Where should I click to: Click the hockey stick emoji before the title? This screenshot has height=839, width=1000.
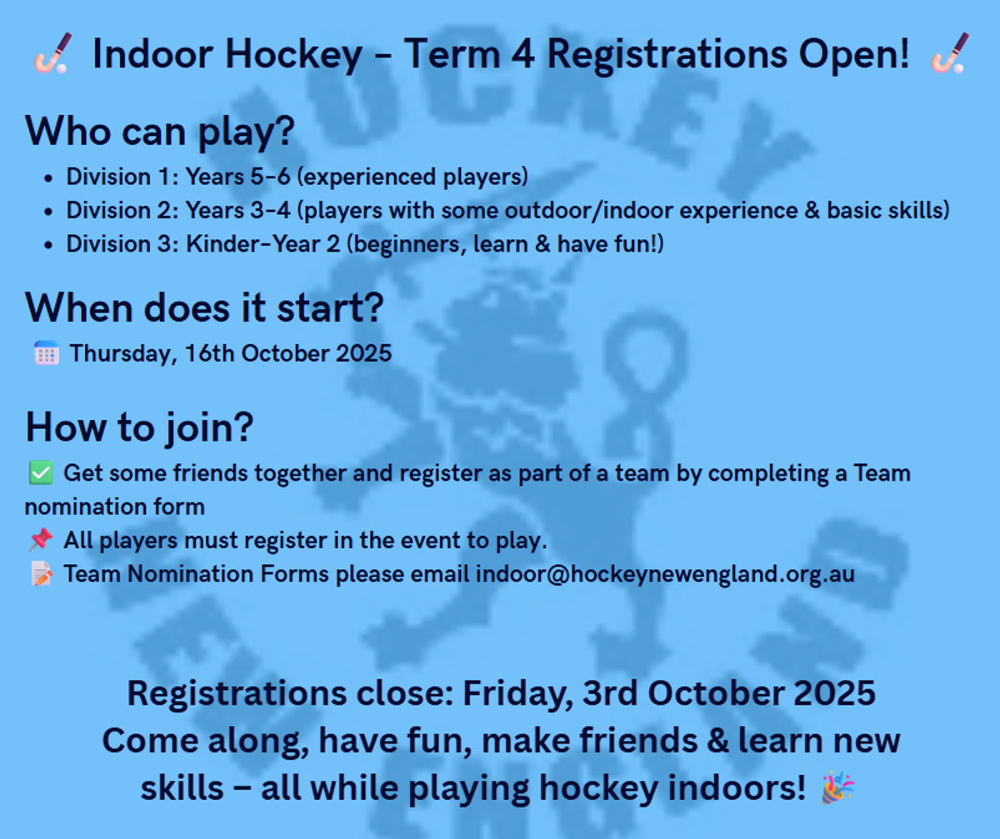52,52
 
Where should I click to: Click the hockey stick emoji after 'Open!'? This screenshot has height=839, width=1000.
950,52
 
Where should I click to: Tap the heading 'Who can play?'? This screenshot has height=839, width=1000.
159,131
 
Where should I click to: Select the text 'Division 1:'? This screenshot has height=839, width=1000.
122,177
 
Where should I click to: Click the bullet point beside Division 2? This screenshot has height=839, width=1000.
47,211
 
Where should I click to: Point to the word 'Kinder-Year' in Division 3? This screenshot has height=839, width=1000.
252,243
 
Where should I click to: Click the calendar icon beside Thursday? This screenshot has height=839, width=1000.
47,353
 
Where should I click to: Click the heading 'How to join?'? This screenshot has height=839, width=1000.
139,427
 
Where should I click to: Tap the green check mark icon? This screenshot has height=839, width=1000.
41,472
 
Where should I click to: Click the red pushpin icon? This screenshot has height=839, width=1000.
41,540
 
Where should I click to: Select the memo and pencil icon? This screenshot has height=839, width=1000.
42,573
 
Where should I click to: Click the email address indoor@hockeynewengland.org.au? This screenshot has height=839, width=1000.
665,573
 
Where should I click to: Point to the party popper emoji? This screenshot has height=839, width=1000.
837,787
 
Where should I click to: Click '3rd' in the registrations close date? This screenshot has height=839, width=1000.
610,693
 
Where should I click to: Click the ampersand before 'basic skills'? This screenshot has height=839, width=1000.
812,210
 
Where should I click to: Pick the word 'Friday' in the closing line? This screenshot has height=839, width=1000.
517,694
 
